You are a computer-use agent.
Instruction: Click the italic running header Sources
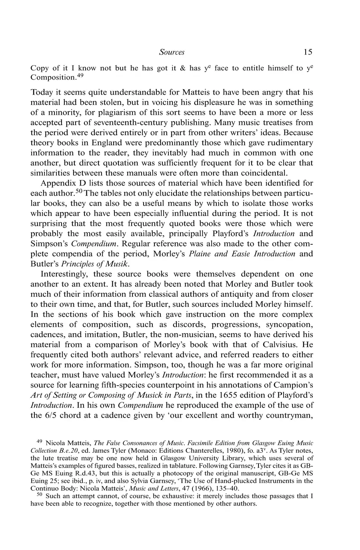point(172,52)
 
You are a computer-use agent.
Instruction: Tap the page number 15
point(308,52)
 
